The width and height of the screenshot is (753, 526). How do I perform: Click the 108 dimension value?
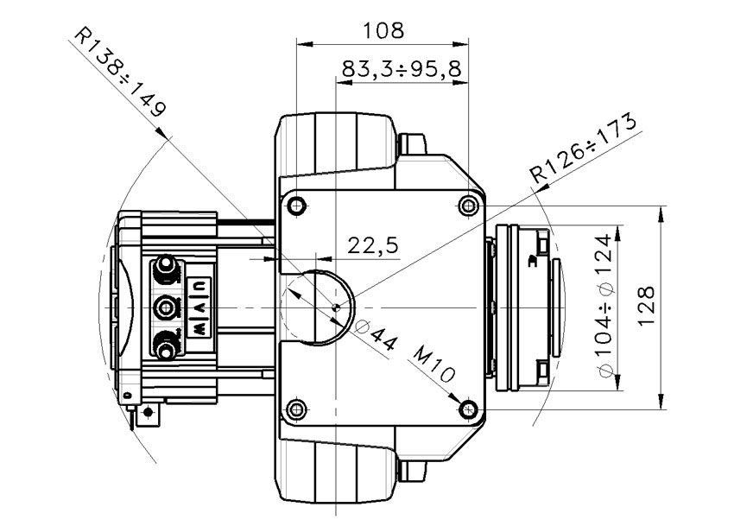[383, 30]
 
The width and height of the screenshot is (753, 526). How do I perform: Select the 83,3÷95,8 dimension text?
[402, 69]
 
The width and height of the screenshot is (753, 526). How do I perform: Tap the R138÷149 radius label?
[121, 73]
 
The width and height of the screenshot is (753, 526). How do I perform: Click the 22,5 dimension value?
[373, 245]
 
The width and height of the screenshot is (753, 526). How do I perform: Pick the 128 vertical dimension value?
[647, 306]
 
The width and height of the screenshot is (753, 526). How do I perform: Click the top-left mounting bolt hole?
[296, 206]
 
